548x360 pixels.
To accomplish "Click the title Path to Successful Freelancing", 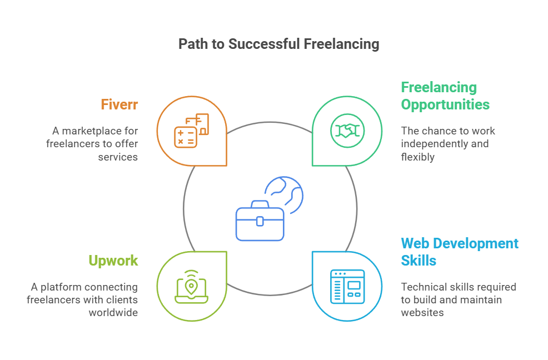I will (278, 44).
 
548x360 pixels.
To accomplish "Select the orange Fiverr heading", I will (119, 104).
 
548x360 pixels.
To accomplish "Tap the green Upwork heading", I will (113, 261).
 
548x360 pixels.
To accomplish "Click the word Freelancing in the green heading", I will (439, 88).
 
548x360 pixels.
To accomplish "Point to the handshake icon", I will (346, 131).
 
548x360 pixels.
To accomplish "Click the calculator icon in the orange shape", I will (185, 137).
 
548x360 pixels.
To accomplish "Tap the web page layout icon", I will (346, 287).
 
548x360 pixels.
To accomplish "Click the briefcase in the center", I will (260, 221).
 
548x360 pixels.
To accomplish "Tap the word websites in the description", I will (422, 313).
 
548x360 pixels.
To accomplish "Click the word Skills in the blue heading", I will (419, 261).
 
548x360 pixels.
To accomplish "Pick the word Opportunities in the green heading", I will (445, 104).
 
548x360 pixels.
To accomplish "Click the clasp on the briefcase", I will (260, 221).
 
